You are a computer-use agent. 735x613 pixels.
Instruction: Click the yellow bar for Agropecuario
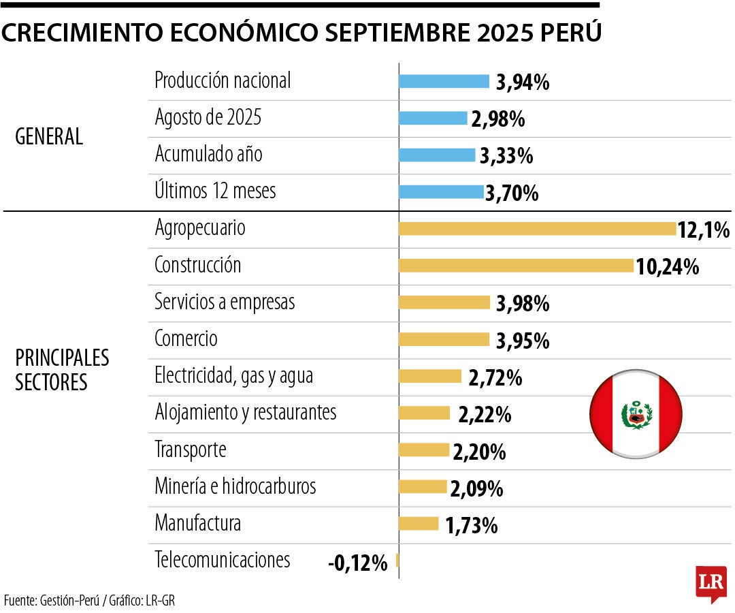tap(537, 229)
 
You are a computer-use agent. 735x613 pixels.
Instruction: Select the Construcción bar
tap(516, 266)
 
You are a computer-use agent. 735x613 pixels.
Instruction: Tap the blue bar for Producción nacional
tap(444, 82)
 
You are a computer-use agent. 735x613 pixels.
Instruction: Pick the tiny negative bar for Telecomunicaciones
tap(397, 561)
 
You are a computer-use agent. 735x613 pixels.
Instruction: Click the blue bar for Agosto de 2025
tap(433, 119)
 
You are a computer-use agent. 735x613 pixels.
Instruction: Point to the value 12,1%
tap(703, 230)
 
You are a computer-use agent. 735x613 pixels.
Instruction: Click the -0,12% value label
tap(357, 563)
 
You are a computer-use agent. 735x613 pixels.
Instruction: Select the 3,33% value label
tap(506, 156)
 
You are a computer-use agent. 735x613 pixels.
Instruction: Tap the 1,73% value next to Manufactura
tap(471, 526)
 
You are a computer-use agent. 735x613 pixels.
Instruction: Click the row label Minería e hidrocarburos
tap(235, 486)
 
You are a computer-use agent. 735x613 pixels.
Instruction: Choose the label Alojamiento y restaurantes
tap(246, 412)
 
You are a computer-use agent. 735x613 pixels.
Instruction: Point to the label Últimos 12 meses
tap(215, 191)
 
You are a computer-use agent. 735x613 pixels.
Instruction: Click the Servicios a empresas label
tap(225, 301)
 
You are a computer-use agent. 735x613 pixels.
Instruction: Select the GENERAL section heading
tap(49, 137)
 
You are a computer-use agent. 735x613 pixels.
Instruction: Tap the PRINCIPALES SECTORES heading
tap(61, 370)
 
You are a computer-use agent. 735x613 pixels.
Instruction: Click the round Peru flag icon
tap(636, 413)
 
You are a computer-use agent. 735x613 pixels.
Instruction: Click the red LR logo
tap(710, 583)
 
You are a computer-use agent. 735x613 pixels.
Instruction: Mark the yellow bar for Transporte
tap(423, 450)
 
